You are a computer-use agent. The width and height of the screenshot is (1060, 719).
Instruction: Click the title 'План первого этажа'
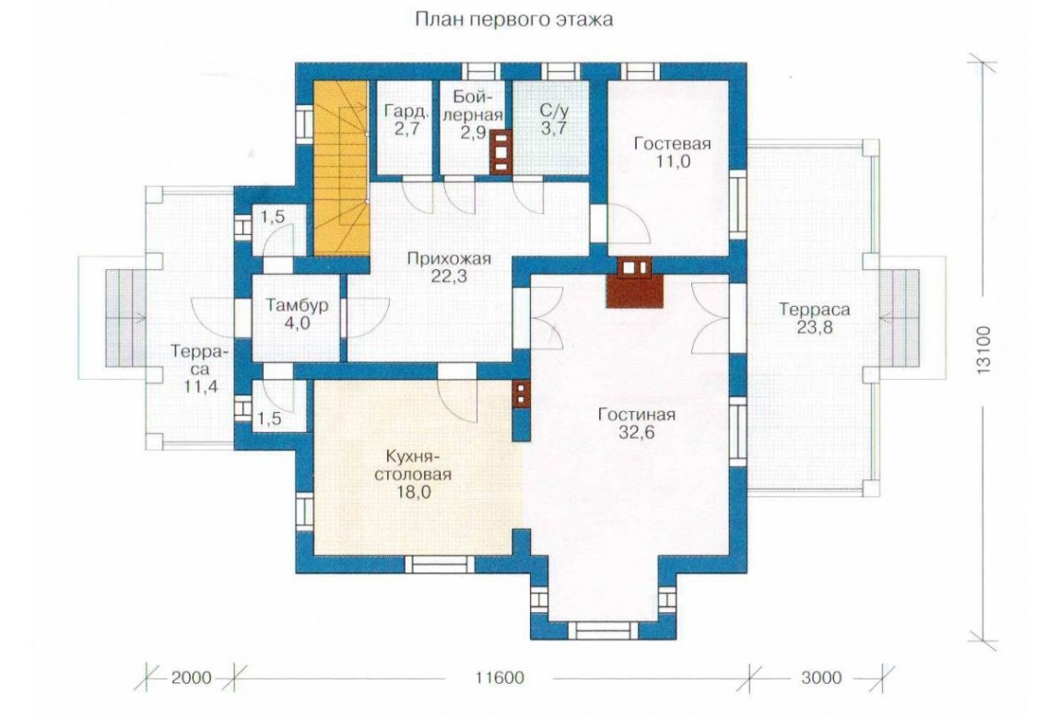click(x=513, y=19)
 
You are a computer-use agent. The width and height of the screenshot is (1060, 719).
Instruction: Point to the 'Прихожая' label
click(x=449, y=259)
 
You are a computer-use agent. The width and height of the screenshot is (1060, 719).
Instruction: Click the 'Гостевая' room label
click(x=672, y=144)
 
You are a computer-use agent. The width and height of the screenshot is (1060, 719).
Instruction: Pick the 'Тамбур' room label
click(x=296, y=305)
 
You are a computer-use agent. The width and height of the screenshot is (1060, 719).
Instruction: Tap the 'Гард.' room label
click(x=405, y=110)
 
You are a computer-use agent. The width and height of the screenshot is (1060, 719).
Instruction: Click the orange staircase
click(x=341, y=169)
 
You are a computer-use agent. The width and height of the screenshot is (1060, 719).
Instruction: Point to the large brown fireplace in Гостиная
click(x=635, y=283)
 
